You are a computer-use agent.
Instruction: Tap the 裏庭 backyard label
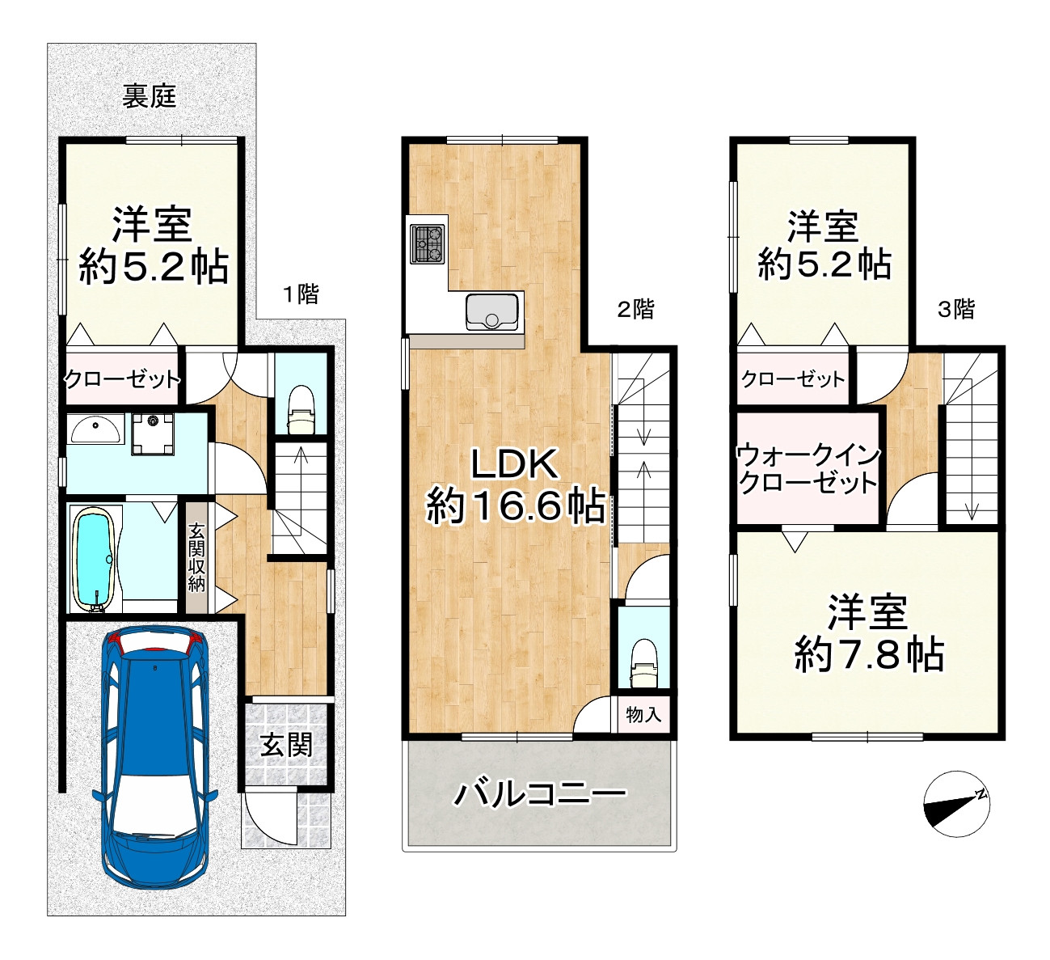click(x=150, y=96)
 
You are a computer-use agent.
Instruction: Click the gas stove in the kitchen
click(x=428, y=243)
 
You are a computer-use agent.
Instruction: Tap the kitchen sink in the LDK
click(x=491, y=311)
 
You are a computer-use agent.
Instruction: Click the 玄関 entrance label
click(x=286, y=745)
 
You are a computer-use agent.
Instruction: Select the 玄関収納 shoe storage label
click(x=196, y=558)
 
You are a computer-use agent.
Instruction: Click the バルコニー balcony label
click(x=539, y=794)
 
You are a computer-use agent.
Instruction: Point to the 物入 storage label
click(x=643, y=714)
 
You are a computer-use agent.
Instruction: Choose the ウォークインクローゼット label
click(x=808, y=470)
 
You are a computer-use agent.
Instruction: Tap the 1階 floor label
click(x=301, y=295)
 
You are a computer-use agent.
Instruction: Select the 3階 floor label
click(x=955, y=310)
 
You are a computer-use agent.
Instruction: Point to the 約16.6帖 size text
click(x=516, y=506)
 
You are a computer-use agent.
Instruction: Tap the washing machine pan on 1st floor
click(x=152, y=434)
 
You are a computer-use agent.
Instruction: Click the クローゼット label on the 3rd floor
click(x=793, y=379)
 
